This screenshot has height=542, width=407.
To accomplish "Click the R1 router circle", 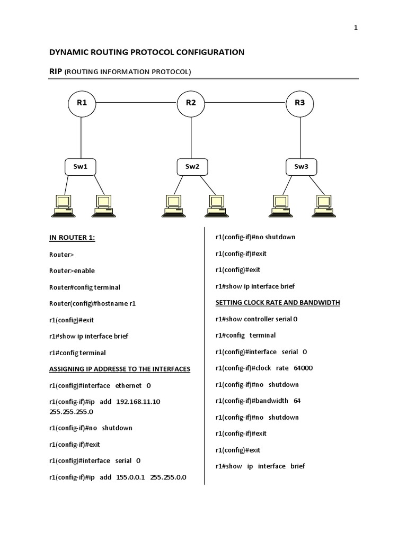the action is click(81, 103).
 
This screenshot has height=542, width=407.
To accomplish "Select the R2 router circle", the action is click(191, 103).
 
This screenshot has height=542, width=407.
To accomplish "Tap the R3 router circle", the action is click(300, 103).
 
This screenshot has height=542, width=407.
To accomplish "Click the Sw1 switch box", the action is click(81, 167).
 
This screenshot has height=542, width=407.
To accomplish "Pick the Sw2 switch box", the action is click(192, 167).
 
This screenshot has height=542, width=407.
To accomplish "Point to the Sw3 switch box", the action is click(300, 167).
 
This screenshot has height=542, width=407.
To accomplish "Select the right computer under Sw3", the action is click(323, 205).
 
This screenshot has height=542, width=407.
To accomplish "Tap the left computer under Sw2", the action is click(172, 205).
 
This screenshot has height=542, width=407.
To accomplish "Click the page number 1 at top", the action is click(356, 28).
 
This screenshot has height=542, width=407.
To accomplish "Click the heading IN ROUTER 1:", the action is click(72, 238).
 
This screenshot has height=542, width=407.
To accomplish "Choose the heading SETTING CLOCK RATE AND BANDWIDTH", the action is click(278, 303).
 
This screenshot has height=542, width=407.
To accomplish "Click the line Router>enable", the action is click(72, 270).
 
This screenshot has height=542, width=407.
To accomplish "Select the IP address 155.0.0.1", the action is click(130, 477).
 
